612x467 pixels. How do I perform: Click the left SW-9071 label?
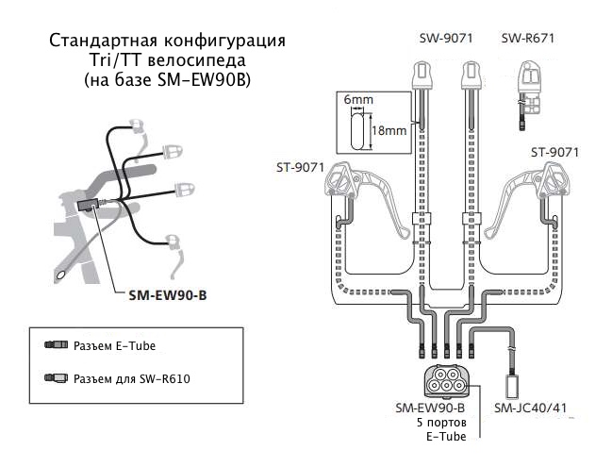(x=446, y=39)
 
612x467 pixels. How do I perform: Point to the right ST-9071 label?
(x=554, y=151)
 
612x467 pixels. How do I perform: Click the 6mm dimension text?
(x=358, y=98)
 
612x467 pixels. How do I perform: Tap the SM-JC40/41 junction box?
(x=515, y=385)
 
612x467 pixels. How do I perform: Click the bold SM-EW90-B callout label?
(x=167, y=294)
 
